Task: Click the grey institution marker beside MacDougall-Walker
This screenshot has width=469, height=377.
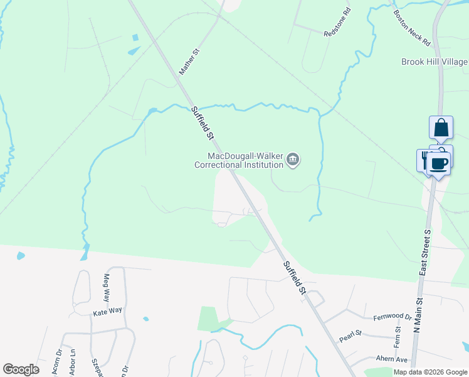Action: coord(293,161)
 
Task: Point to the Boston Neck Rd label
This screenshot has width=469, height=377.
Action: coord(412,28)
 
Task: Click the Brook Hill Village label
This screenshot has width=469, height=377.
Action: coord(435,62)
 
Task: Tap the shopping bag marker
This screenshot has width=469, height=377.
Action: coord(441,128)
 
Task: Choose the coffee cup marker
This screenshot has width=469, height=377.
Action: coord(439,164)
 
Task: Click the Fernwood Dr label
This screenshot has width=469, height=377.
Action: coord(392,317)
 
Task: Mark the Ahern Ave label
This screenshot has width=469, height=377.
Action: coord(391,359)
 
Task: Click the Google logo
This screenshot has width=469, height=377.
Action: coord(21,369)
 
